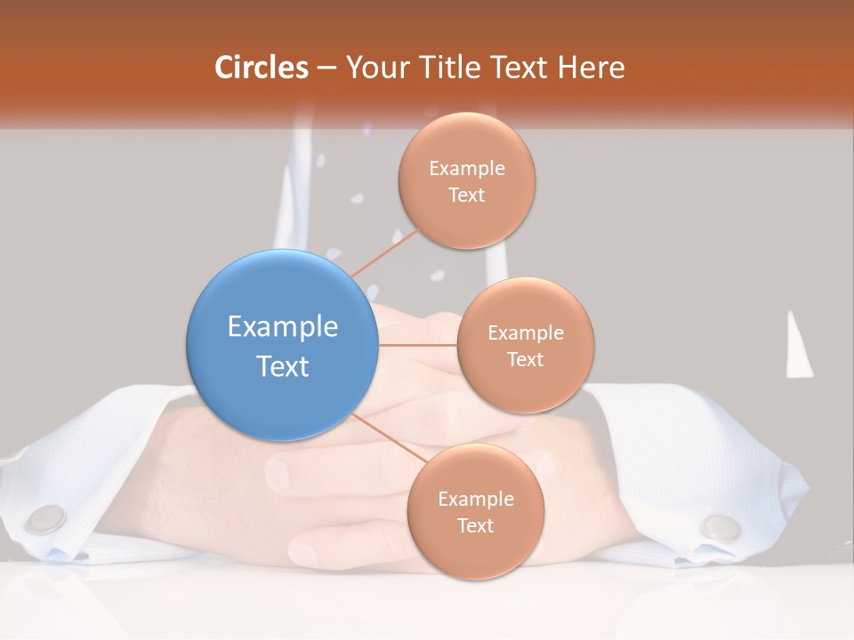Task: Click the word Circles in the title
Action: click(x=262, y=68)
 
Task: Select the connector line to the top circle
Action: click(x=385, y=252)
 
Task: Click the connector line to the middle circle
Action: click(x=417, y=344)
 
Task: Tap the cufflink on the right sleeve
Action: click(x=720, y=527)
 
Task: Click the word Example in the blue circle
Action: click(x=283, y=326)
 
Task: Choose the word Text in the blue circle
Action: click(x=283, y=366)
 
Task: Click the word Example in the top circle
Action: click(x=467, y=168)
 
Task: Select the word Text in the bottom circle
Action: click(x=475, y=525)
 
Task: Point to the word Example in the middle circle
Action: click(x=526, y=332)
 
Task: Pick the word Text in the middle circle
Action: click(x=525, y=359)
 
